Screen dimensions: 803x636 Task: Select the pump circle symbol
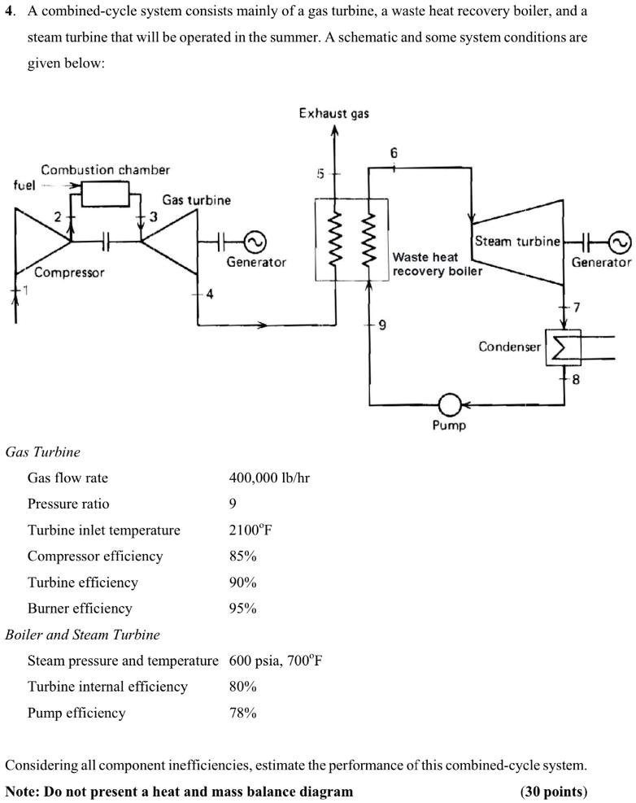point(450,404)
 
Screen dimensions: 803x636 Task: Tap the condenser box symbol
point(560,347)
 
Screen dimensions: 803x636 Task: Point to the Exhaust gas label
point(333,113)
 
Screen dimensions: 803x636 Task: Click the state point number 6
point(394,153)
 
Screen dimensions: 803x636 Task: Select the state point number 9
point(381,325)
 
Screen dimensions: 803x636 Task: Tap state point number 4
point(209,295)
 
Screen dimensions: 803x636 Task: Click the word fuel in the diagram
point(24,185)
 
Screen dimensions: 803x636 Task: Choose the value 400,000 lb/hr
point(269,478)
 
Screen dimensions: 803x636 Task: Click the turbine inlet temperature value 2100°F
point(250,530)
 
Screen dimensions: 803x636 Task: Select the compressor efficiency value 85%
point(242,556)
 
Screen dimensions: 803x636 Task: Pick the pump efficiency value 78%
point(242,713)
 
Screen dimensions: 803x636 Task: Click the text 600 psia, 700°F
point(270,661)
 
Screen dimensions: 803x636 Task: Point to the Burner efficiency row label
point(80,609)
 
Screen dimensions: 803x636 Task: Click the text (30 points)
point(553,791)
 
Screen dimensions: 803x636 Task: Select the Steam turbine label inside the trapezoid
point(517,241)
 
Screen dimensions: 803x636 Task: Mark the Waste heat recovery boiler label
point(437,264)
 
